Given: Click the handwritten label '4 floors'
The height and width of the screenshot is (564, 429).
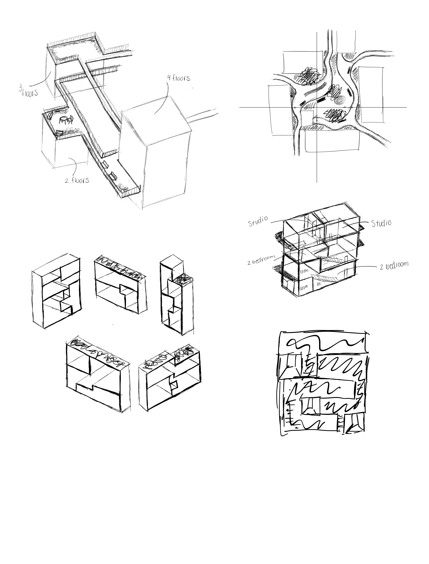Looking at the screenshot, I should (179, 78).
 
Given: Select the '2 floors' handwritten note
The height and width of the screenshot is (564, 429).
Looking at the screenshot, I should (77, 180).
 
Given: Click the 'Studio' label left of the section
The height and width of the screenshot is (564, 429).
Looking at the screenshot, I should (258, 221).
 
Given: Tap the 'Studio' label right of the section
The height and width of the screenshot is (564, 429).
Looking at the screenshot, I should (381, 223).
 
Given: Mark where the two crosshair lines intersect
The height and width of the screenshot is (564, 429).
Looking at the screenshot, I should (317, 107).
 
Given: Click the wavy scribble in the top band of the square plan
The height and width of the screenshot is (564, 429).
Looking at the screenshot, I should (324, 345).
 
